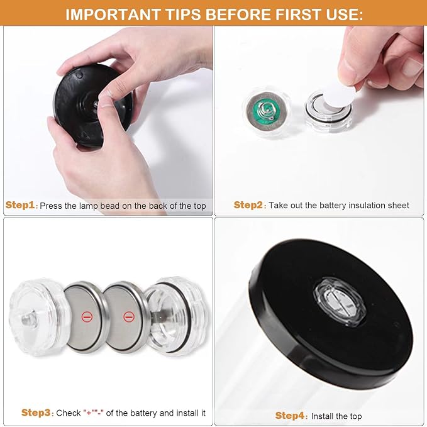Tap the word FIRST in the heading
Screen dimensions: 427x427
point(297,14)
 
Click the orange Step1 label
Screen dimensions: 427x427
point(20,205)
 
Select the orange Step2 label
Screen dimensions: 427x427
point(248,205)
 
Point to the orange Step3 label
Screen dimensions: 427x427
point(36,413)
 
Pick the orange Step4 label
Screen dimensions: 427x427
point(290,416)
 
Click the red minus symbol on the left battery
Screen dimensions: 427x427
point(87,317)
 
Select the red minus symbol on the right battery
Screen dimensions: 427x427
point(129,317)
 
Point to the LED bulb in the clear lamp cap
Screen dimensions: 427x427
point(28,318)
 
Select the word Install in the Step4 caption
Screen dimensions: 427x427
point(323,416)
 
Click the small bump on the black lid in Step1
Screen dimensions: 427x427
point(79,74)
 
